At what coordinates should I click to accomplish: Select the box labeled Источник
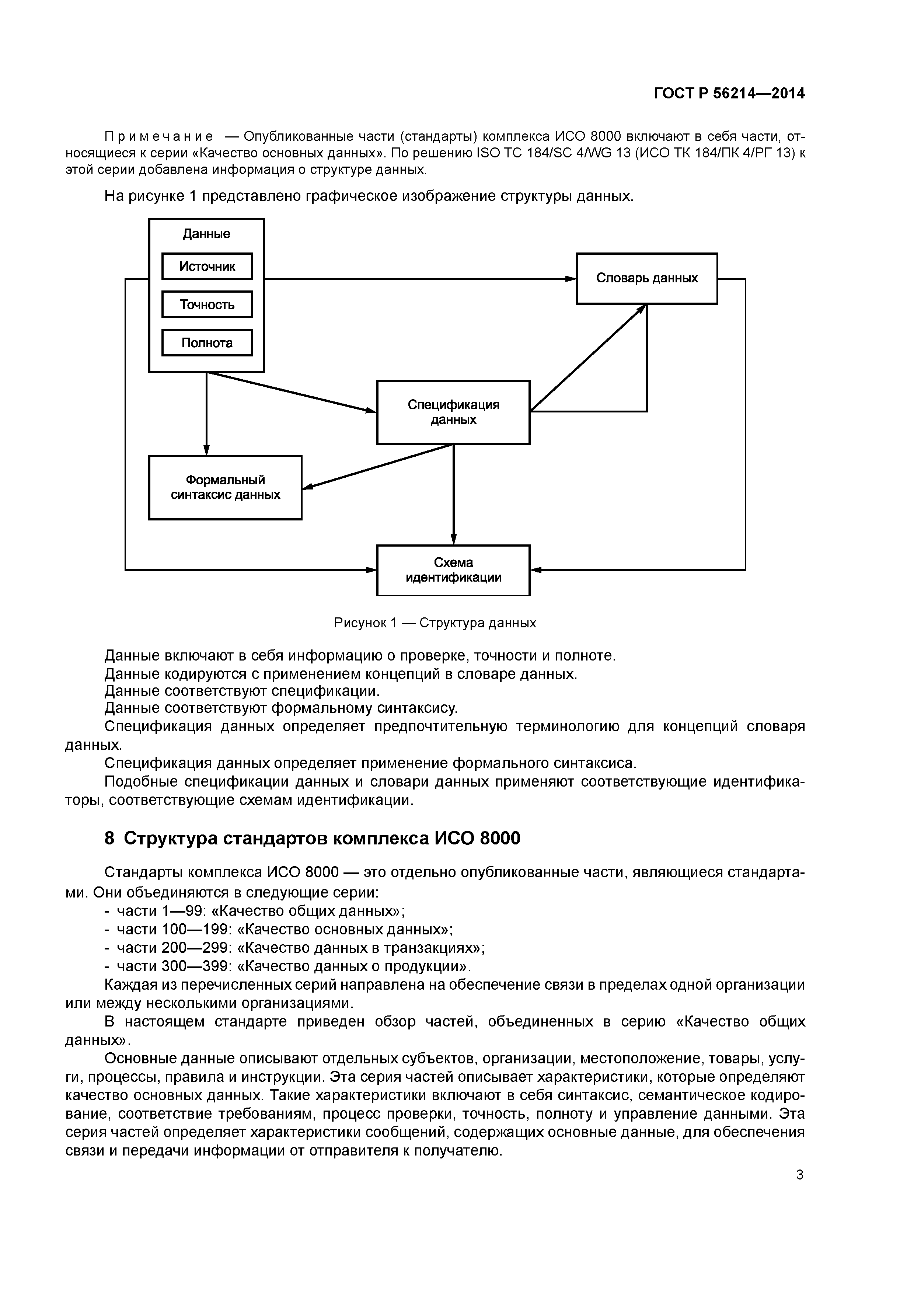click(207, 266)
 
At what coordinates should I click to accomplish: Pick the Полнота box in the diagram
click(207, 343)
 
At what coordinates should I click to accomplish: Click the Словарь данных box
click(646, 279)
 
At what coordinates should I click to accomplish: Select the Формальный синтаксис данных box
click(225, 488)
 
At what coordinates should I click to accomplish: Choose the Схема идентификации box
click(453, 570)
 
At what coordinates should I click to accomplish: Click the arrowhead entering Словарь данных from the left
click(571, 279)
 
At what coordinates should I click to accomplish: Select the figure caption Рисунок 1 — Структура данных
click(435, 623)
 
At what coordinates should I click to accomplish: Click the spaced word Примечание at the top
click(159, 136)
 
